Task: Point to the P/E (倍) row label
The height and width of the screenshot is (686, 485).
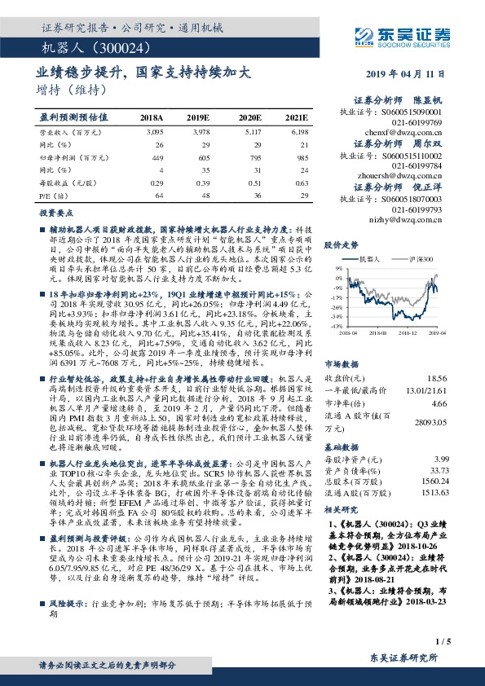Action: [x=51, y=196]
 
